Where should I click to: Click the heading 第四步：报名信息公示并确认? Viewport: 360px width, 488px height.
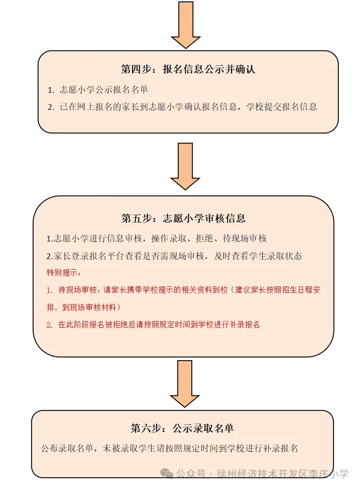188,69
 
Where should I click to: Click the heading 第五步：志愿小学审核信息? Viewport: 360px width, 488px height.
183,218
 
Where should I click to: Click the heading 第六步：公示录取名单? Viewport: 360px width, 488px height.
183,428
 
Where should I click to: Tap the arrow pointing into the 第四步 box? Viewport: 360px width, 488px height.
186,25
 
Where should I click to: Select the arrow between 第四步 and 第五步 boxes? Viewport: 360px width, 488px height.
185,166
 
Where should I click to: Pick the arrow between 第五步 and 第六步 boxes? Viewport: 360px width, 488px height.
185,384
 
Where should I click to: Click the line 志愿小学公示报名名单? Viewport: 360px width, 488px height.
104,89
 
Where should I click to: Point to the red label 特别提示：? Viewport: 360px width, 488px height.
64,273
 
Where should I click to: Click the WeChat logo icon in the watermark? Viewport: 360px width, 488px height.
166,474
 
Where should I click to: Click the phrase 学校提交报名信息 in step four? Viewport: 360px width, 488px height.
282,107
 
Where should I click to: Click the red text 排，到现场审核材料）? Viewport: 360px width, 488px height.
84,307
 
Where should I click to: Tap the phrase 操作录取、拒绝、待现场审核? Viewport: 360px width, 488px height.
209,239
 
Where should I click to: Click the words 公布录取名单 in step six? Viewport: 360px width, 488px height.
67,449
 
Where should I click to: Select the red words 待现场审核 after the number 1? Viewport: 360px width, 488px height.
77,290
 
